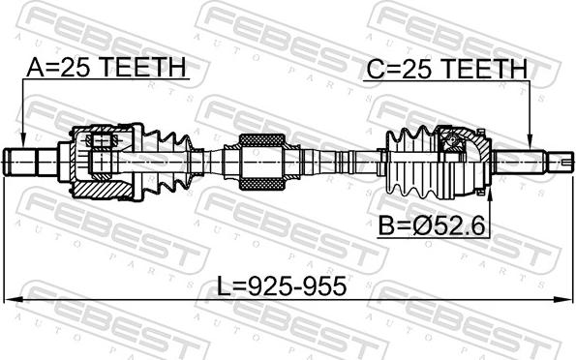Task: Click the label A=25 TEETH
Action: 106,68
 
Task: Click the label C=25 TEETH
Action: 447,69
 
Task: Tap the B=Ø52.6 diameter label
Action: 432,225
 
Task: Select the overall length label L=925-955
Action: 282,286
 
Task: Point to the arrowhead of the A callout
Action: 22,141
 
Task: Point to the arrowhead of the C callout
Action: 530,142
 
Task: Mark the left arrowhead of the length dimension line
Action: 11,299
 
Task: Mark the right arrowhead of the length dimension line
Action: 566,299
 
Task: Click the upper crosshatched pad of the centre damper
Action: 262,139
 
